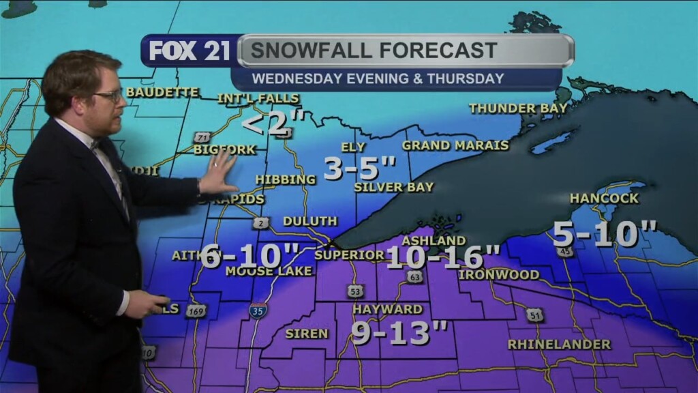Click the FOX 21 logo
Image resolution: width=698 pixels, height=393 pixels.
(x=189, y=51)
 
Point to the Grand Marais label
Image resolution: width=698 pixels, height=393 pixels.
(x=455, y=145)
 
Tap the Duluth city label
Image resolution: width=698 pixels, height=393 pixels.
(x=309, y=221)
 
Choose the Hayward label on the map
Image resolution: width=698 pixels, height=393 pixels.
(x=387, y=309)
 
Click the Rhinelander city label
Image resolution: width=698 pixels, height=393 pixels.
(x=559, y=345)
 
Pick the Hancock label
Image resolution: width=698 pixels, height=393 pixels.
(x=604, y=199)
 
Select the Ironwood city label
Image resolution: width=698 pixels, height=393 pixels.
(x=498, y=274)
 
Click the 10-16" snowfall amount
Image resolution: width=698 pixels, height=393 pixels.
(x=443, y=257)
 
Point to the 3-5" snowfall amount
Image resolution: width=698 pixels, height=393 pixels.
(x=359, y=168)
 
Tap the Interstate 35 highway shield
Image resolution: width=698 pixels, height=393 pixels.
(x=258, y=311)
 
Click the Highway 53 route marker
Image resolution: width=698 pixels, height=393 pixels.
(x=354, y=291)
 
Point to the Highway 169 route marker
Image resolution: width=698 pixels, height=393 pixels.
(x=195, y=310)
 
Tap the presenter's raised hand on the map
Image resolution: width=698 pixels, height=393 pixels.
(x=218, y=172)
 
